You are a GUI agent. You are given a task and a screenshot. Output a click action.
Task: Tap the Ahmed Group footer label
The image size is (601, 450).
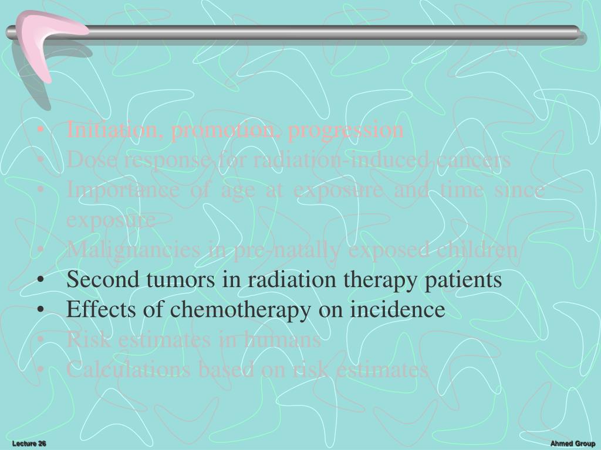[573, 444]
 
